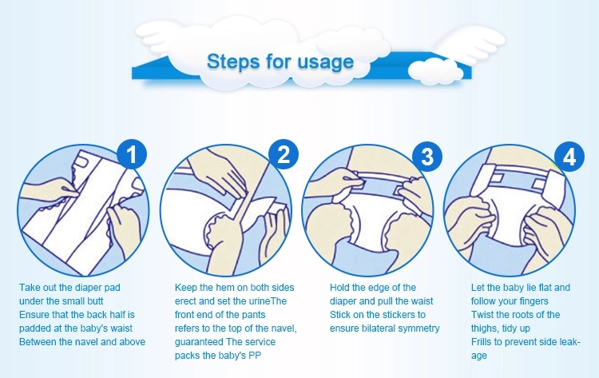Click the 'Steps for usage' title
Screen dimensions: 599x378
280,62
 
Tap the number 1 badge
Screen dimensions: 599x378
132,154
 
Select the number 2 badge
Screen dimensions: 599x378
284,154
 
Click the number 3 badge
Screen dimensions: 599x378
427,156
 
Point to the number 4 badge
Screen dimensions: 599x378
569,157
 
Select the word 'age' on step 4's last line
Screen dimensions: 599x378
479,356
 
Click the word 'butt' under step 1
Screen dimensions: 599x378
95,301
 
